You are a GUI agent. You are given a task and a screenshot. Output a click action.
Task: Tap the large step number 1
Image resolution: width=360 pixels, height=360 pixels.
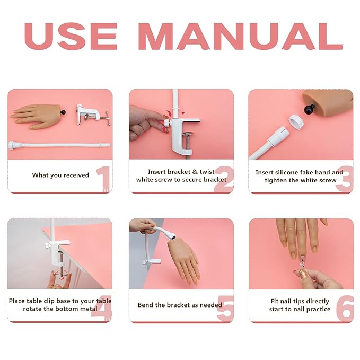coord(103,179)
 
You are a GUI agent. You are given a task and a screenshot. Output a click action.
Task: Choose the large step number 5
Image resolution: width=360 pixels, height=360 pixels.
coord(225,309)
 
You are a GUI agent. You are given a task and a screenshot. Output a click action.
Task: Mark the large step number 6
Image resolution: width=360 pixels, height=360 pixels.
coord(345,309)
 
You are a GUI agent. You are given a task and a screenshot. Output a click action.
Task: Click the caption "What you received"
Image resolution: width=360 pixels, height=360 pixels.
coord(60,175)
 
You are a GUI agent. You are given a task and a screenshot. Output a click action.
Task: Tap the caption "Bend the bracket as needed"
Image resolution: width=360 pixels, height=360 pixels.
coord(180,305)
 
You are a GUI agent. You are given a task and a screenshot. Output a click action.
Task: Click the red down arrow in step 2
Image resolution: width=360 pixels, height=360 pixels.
coord(183,111)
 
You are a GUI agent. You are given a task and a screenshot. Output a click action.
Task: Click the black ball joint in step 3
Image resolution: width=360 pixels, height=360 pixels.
coord(309,110)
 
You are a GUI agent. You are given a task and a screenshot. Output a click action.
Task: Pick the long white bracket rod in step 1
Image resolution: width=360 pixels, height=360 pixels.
coord(58,144)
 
